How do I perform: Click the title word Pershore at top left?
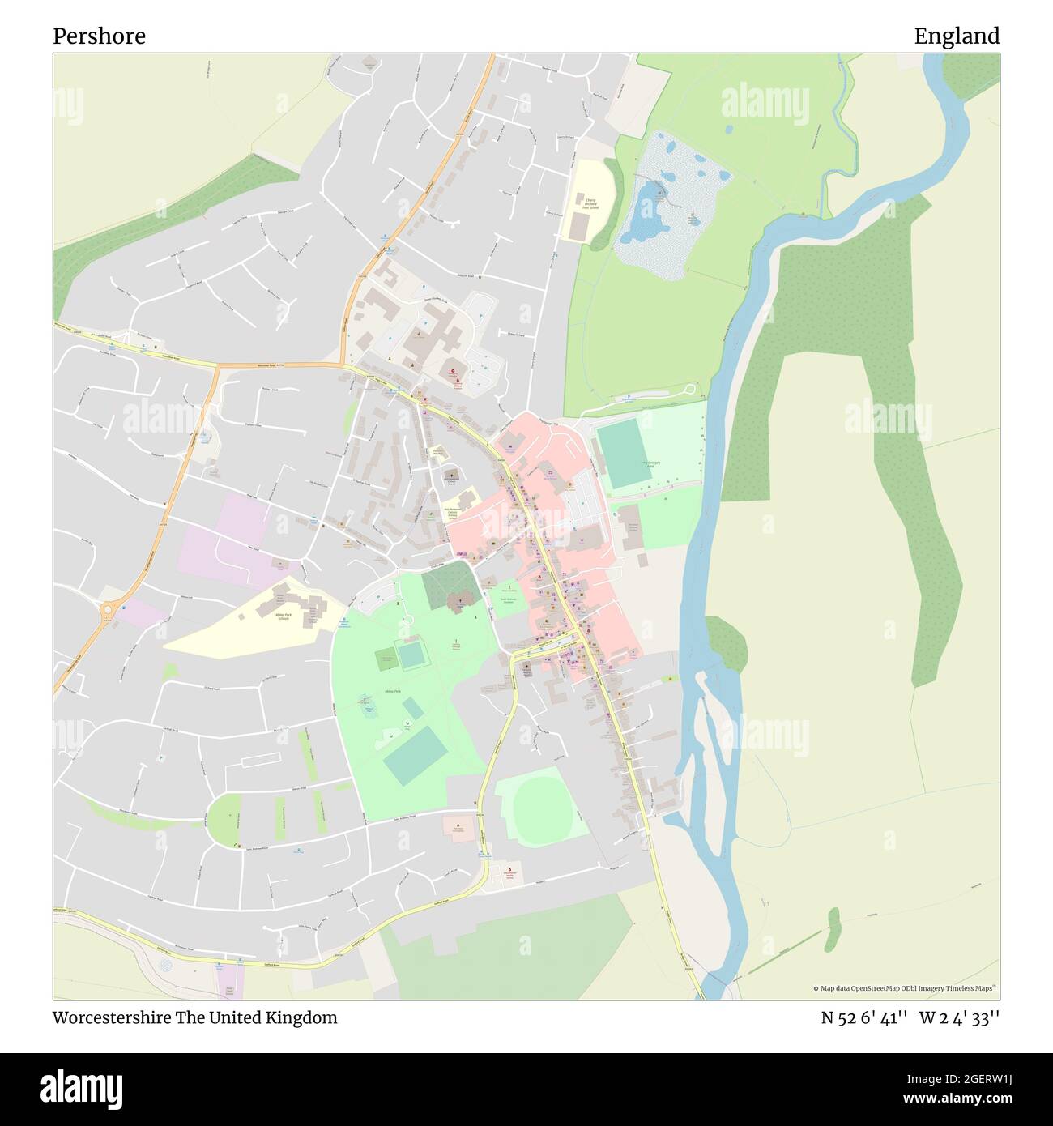point(99,36)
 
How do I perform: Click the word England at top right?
point(957,36)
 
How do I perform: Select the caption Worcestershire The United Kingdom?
point(194,1017)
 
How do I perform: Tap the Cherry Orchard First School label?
point(590,203)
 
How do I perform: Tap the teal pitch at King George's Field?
point(622,454)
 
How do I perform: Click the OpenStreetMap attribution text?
point(906,988)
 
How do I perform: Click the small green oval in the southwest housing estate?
point(225,818)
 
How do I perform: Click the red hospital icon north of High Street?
point(453,373)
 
